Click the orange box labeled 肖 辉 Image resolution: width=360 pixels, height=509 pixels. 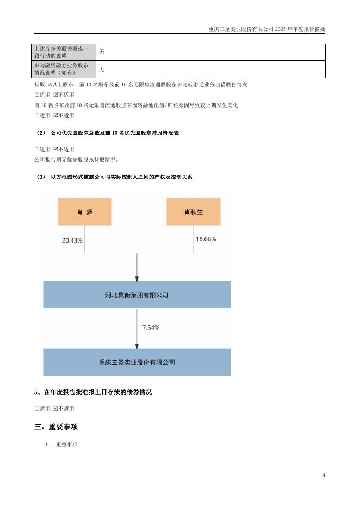point(84,212)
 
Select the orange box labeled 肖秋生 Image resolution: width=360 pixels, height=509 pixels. point(193,212)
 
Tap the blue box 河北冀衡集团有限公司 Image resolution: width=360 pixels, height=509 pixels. point(136,295)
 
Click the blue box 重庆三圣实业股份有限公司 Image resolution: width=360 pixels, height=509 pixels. point(136,362)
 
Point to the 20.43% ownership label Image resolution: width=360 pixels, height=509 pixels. point(72,240)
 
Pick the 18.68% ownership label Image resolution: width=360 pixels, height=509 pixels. point(206,239)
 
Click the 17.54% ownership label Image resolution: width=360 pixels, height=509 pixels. point(150,328)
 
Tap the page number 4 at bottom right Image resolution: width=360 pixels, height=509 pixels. point(324,475)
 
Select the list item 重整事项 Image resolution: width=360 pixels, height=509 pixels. point(67,445)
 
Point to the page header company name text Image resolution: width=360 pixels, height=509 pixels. point(266,29)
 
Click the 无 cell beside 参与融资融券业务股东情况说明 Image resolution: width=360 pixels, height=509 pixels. point(102,69)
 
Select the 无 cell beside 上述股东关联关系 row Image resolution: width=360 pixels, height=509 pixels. point(102,52)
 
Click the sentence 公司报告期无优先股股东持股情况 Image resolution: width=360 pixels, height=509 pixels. point(76,160)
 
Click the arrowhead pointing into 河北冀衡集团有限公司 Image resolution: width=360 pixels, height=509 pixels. point(136,277)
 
